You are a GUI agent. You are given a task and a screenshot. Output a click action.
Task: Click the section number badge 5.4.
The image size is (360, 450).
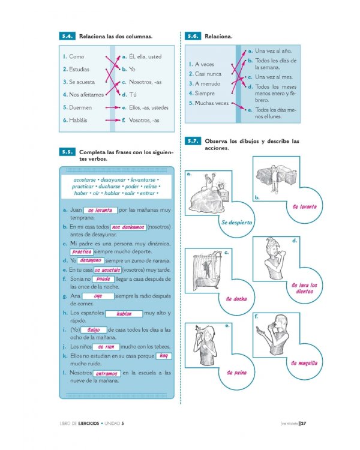tap(67, 37)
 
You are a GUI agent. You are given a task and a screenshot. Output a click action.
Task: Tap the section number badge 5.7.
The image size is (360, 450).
tap(193, 142)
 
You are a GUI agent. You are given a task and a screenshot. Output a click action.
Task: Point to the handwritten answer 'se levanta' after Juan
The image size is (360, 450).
tap(100, 211)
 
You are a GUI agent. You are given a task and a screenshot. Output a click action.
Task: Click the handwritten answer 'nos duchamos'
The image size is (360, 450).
tap(128, 227)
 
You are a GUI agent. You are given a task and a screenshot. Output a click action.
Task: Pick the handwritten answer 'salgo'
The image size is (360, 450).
tap(93, 330)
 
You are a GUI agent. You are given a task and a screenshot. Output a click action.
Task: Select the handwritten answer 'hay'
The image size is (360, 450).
tap(163, 356)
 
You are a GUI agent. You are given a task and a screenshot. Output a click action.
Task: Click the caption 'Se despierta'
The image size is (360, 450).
tap(236, 223)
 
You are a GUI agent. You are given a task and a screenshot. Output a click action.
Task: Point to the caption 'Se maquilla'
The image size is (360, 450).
tap(305, 363)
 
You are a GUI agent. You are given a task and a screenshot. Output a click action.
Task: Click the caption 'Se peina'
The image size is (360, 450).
tap(236, 373)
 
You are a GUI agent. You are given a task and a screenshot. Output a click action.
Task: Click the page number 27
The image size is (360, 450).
tap(304, 423)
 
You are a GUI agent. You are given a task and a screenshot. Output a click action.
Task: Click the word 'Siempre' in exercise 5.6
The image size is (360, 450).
tap(205, 93)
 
